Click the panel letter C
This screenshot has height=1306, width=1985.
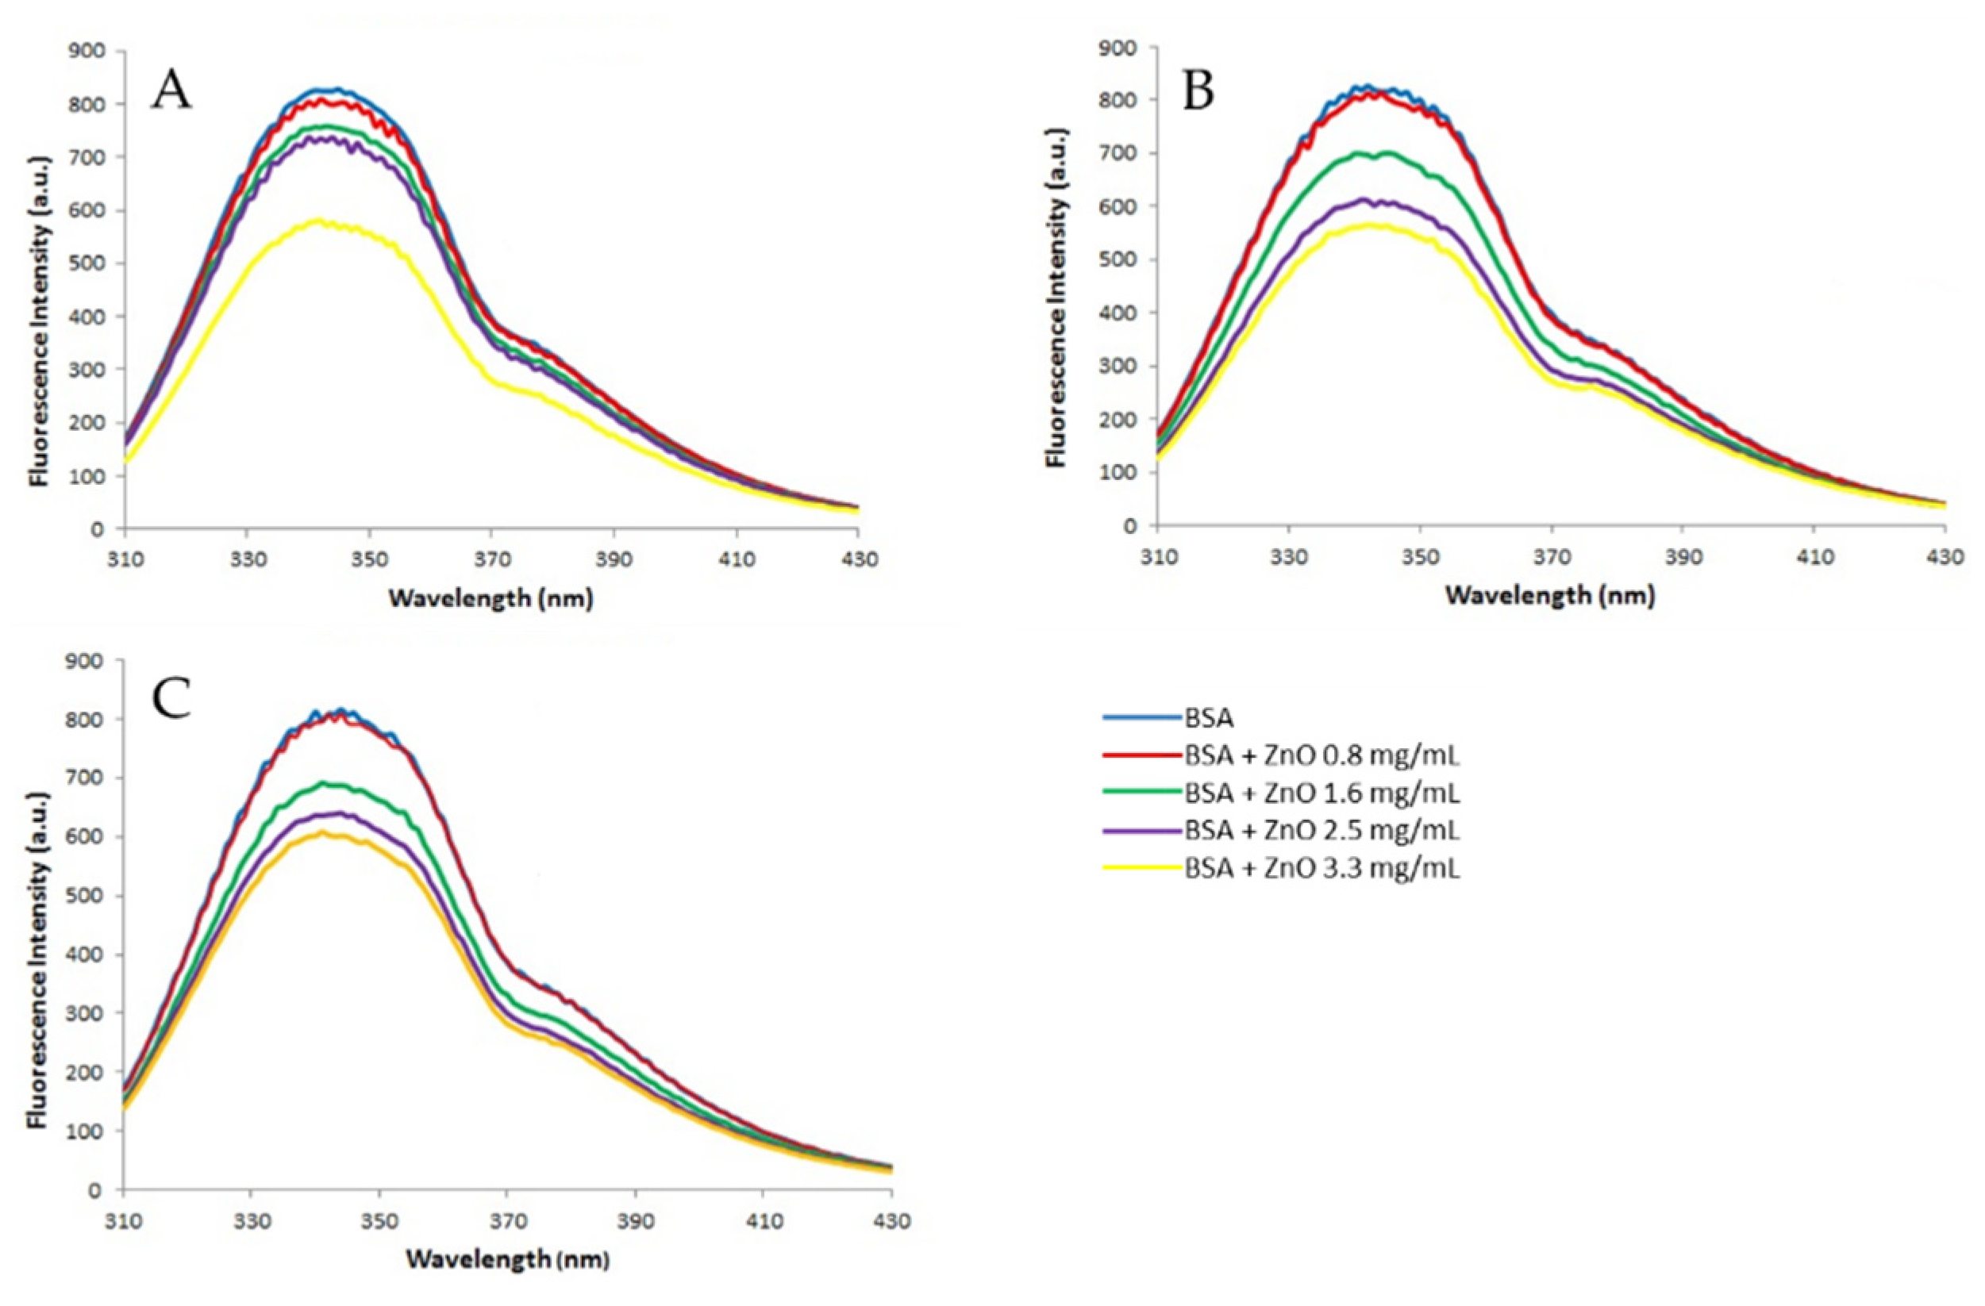171,698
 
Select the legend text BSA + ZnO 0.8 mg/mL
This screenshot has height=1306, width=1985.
1321,755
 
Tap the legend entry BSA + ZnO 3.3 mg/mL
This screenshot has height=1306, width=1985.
1321,868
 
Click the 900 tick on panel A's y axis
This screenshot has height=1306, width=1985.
87,52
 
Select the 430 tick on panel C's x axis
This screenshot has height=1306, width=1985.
891,1222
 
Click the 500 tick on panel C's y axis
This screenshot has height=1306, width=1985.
87,896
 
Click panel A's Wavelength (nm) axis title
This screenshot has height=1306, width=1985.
490,599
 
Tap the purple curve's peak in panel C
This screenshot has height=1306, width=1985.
340,813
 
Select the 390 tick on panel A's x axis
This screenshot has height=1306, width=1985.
614,558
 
